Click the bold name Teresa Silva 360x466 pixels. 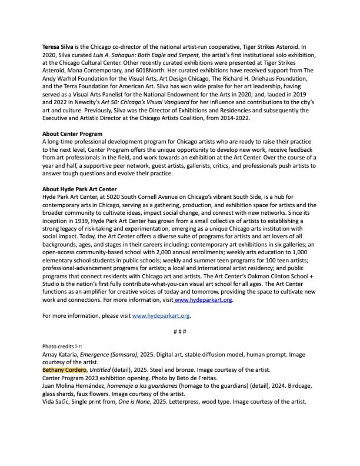point(58,46)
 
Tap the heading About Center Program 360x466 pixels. point(72,134)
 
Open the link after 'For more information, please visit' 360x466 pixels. point(161,316)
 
